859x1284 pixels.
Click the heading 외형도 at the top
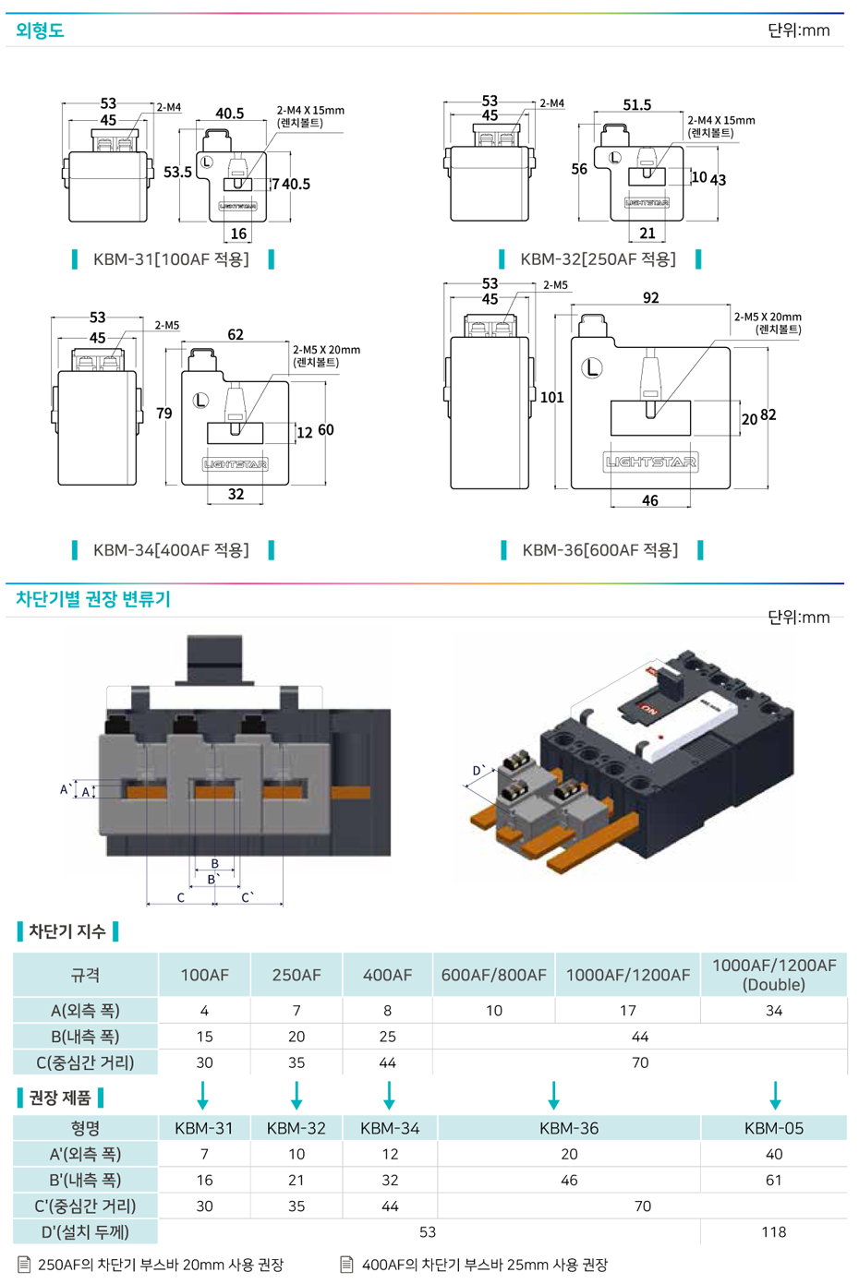(40, 30)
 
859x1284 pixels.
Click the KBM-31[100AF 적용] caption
(171, 259)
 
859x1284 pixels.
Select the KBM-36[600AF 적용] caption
(599, 550)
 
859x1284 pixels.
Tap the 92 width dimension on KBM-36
(650, 297)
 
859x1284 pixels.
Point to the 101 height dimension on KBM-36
(551, 398)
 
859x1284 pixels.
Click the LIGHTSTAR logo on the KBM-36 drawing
(650, 462)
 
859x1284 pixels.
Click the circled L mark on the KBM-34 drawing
(200, 401)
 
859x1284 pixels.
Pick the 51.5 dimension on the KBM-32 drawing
(636, 105)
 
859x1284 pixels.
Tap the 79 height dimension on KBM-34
(164, 414)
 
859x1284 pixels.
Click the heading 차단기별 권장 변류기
(93, 599)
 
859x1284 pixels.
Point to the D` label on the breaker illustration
(478, 770)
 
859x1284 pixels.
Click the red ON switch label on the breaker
(648, 711)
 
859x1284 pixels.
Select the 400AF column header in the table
(387, 975)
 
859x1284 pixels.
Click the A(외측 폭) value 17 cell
(627, 1011)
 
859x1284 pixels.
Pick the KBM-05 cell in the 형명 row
(773, 1128)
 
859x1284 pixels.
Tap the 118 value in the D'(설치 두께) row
(773, 1231)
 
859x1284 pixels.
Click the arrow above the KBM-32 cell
(296, 1096)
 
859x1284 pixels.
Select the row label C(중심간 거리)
(85, 1062)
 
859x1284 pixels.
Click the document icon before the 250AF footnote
(24, 1265)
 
